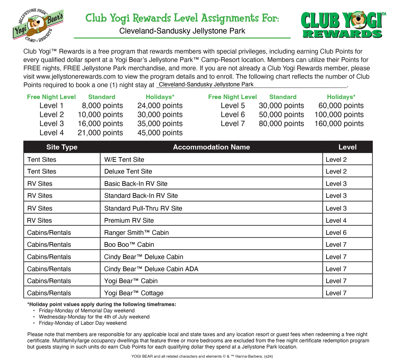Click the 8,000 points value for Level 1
(x=102, y=106)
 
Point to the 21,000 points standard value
(x=100, y=133)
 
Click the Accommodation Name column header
(x=211, y=147)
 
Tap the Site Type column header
(x=62, y=147)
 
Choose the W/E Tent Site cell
(x=124, y=159)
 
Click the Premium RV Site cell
(x=129, y=220)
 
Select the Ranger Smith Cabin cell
(x=136, y=233)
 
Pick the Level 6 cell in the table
(x=336, y=233)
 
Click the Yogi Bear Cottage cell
(x=134, y=293)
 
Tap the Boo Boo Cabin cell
(x=129, y=244)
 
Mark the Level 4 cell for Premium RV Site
(x=336, y=220)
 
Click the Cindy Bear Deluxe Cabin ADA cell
(x=151, y=269)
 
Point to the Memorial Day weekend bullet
(x=87, y=311)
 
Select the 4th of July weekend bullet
(x=94, y=317)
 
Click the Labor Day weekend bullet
(x=83, y=323)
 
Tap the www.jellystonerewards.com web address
(x=76, y=77)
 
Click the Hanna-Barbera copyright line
(x=202, y=356)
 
